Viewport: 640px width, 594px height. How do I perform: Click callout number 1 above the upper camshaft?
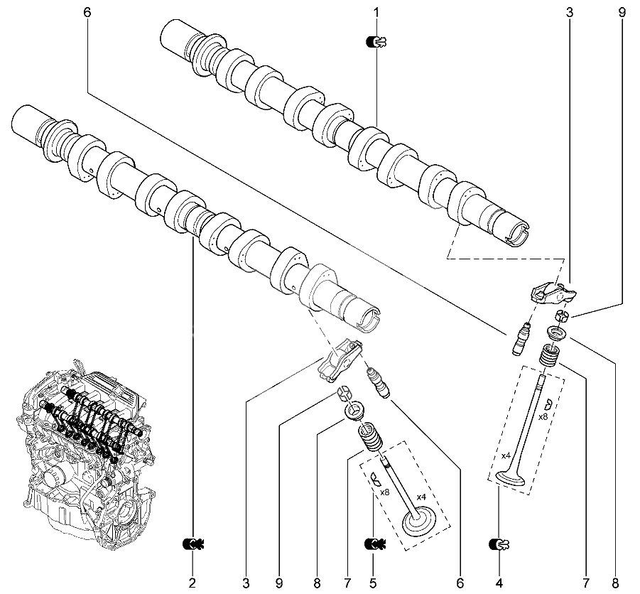376,12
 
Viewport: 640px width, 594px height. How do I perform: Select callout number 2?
192,583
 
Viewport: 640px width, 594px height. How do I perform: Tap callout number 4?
499,583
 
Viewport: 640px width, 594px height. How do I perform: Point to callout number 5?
373,583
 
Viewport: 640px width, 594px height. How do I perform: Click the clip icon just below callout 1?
376,42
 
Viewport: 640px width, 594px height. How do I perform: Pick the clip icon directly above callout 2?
192,544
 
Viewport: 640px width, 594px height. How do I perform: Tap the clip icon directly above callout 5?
374,544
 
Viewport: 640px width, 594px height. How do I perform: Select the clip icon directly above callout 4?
499,544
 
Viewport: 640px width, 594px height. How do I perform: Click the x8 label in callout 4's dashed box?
543,417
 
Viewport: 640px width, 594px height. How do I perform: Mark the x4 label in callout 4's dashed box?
506,455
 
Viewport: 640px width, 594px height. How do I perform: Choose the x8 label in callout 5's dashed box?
384,492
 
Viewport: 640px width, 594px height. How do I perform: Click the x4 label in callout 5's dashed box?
421,497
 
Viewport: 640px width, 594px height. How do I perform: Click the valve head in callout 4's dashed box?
510,478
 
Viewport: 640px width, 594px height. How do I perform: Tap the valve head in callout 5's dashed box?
419,522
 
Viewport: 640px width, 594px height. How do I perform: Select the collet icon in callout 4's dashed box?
548,404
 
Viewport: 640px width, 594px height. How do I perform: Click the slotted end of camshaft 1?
517,233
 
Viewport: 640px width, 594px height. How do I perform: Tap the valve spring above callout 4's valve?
549,355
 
